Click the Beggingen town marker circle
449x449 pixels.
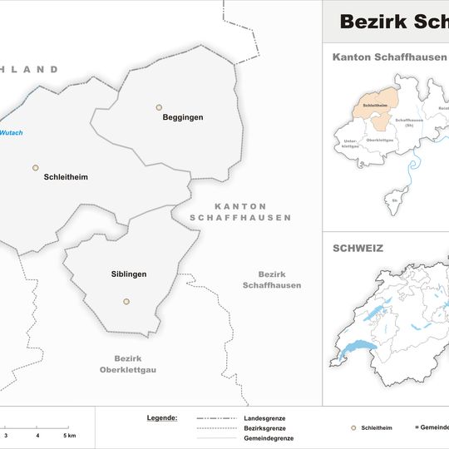[159, 107]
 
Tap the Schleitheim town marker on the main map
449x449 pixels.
[36, 168]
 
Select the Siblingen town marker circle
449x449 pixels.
[126, 302]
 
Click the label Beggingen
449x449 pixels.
[183, 118]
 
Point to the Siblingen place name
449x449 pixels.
[129, 274]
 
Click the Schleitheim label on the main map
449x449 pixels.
[66, 178]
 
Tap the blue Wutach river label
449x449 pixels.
[12, 133]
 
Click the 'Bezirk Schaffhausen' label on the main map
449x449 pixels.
[272, 280]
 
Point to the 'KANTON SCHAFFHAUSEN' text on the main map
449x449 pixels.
[240, 212]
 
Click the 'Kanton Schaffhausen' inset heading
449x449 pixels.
[388, 57]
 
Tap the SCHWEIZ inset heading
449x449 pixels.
[358, 248]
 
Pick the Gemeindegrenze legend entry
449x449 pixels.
[268, 438]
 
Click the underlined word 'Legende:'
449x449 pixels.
[161, 417]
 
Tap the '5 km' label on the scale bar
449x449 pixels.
[69, 436]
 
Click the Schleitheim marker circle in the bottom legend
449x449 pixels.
[353, 427]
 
